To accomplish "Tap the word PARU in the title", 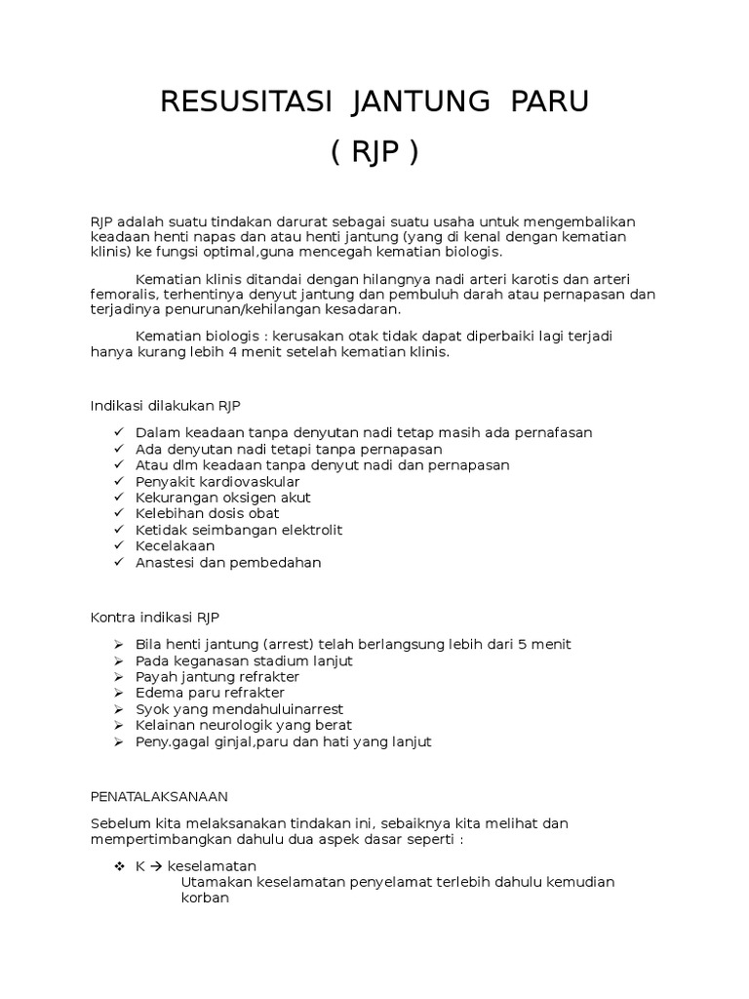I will click(x=551, y=101).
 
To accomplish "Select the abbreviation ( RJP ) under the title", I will click(x=374, y=152).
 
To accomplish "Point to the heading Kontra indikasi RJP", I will click(x=155, y=618).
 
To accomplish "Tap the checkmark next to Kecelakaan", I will click(x=118, y=546).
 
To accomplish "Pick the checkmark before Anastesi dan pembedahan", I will click(x=118, y=563).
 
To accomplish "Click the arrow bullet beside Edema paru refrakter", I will click(x=118, y=693).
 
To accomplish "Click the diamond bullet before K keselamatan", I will click(x=118, y=866).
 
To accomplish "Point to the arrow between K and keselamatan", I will click(x=156, y=866).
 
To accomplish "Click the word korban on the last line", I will click(x=205, y=899).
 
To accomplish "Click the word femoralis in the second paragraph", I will click(x=125, y=294).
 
